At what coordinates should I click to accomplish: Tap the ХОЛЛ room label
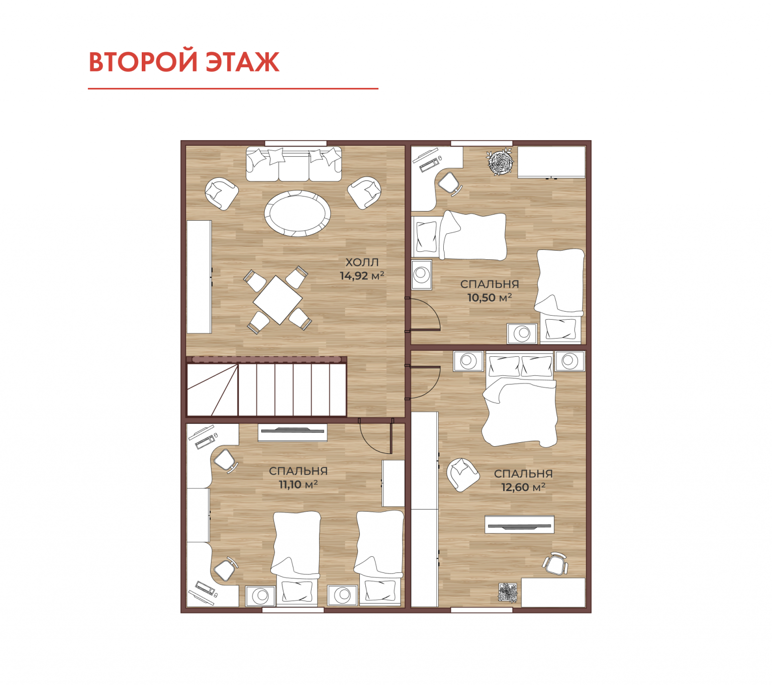pos(361,262)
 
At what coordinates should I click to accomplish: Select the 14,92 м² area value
pos(361,275)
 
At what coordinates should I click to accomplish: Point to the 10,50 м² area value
pos(489,298)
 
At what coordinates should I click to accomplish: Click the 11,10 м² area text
pos(298,484)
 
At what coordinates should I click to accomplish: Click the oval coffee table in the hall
pos(297,214)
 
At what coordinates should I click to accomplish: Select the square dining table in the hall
pos(277,300)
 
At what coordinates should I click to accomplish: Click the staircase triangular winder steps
pos(212,389)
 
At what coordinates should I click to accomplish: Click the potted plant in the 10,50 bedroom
pos(500,163)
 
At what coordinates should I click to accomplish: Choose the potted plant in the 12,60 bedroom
pos(508,593)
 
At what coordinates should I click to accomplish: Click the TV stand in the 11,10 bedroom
pos(292,432)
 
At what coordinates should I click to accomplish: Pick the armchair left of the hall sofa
pos(222,193)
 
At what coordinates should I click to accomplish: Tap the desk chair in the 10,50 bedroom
pos(450,184)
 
